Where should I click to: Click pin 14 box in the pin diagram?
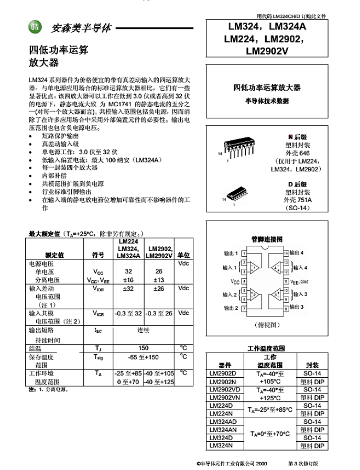[286, 253]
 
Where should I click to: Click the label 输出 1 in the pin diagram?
[231, 253]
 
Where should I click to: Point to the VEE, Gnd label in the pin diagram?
[300, 281]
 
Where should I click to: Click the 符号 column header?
[98, 255]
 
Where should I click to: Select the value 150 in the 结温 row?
[143, 348]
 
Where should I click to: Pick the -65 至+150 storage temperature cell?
[143, 357]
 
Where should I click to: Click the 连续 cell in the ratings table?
[143, 330]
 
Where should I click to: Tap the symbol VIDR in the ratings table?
[98, 288]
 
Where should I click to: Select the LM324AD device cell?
[223, 422]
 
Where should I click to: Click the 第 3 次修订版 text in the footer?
[303, 463]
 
